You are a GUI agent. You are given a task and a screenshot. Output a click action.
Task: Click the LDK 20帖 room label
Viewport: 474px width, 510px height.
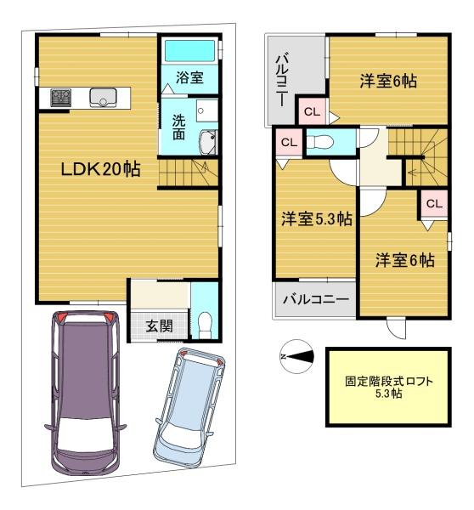pos(101,169)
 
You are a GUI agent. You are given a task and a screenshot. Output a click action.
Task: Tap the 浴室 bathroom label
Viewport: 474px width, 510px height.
pos(190,77)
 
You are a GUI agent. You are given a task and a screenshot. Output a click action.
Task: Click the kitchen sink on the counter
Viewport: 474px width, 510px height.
pos(103,98)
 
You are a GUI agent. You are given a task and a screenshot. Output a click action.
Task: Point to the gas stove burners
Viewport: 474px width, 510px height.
pos(61,97)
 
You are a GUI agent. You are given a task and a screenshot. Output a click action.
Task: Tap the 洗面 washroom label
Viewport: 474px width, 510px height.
pos(178,127)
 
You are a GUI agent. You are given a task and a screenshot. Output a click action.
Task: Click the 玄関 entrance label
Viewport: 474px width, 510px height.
pos(159,326)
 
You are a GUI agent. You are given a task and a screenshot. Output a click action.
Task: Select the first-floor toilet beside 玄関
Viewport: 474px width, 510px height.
pos(205,326)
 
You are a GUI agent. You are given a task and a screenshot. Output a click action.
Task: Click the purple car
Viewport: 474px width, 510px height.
pos(86,394)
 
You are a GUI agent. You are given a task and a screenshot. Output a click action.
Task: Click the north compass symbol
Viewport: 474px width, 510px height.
pos(296,356)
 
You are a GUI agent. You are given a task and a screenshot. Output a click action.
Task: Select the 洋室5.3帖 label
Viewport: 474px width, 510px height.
pos(317,219)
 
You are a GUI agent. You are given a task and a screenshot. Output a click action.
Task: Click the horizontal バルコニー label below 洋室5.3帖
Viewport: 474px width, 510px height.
pos(316,298)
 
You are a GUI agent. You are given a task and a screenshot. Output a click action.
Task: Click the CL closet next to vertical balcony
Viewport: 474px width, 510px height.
pos(312,112)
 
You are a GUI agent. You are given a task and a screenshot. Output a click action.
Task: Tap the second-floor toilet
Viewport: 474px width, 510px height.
pos(320,142)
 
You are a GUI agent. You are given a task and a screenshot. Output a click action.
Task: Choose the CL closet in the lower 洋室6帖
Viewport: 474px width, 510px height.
pos(434,204)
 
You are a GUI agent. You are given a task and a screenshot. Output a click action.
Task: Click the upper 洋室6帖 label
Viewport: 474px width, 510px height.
pos(388,81)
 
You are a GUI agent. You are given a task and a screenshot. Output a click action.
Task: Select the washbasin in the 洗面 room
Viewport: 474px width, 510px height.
pos(208,143)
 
